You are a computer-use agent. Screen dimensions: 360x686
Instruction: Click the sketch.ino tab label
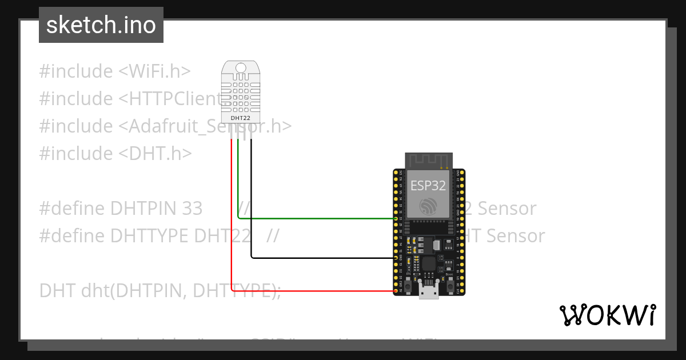pos(101,25)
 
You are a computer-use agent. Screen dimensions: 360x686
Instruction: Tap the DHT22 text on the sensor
pos(240,118)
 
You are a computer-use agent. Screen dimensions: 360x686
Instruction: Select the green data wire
pos(314,218)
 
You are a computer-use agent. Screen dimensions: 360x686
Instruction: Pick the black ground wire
pos(320,258)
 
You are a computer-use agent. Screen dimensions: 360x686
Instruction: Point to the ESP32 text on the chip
pos(428,186)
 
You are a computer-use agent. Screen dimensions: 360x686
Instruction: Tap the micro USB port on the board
pos(428,291)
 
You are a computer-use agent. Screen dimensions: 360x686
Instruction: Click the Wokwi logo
pos(607,315)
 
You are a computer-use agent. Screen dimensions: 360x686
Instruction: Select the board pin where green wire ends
pos(396,218)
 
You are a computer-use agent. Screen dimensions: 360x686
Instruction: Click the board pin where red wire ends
pos(396,291)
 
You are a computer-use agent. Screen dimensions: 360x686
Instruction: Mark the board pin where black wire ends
pos(396,258)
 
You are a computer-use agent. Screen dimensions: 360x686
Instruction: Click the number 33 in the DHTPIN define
pos(190,209)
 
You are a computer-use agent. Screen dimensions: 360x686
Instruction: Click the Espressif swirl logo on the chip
pos(428,207)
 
